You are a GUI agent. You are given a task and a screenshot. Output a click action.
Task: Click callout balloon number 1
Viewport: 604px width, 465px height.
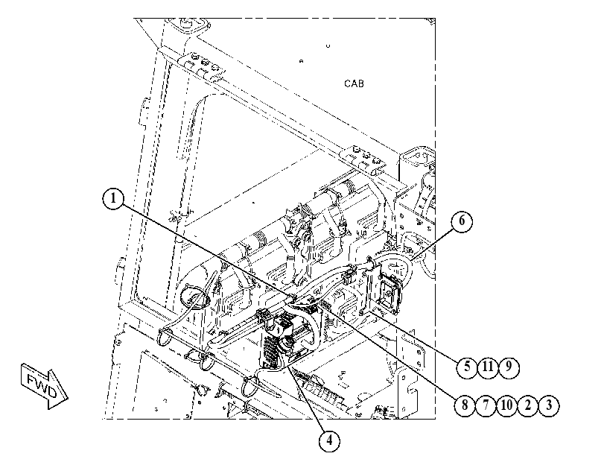113,199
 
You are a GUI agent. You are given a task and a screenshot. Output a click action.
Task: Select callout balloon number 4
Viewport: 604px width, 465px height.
330,440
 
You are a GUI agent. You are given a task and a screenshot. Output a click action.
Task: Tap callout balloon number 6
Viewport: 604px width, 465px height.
462,222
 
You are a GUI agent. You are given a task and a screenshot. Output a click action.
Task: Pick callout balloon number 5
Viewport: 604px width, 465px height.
467,367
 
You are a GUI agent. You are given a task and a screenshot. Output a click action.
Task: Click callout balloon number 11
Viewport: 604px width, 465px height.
488,367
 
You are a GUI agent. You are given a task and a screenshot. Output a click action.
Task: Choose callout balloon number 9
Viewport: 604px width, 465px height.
509,367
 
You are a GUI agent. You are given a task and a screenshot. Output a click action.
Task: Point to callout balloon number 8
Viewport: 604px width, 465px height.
465,405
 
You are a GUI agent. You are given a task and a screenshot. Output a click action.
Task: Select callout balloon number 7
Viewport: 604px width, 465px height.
486,405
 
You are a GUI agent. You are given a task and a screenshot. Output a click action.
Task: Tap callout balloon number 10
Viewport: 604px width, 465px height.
507,405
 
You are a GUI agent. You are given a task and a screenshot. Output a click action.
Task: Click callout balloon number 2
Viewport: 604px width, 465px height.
528,405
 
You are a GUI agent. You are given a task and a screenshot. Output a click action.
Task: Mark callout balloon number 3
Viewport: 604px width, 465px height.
549,405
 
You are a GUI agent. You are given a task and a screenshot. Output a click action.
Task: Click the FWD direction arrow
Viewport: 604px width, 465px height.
44,386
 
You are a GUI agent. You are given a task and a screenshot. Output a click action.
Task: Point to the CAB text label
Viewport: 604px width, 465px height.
354,83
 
